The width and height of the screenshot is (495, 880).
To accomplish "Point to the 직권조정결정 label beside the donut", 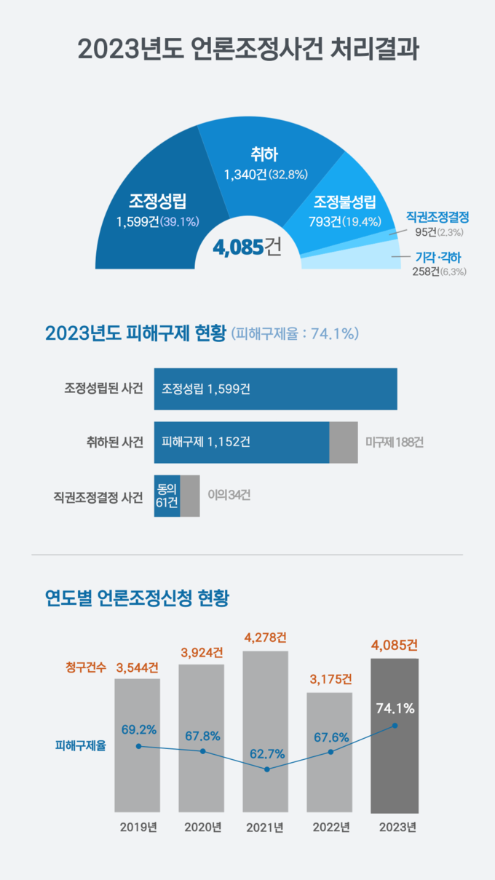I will coord(437,217).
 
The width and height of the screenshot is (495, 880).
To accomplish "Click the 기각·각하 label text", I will coord(437,257).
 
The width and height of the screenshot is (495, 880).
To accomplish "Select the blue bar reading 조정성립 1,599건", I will coord(275,389).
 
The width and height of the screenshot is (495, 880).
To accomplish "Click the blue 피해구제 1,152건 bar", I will coord(241,442).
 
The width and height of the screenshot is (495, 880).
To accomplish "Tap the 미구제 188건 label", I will coord(394,442).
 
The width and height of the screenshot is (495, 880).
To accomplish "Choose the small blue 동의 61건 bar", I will coord(167,496).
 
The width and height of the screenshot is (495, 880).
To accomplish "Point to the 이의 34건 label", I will coord(229,495).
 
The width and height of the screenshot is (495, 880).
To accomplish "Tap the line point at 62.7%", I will coord(266,769).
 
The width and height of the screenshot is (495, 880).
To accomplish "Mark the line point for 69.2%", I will coord(138,746).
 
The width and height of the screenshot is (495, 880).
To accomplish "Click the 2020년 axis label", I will coord(202,828).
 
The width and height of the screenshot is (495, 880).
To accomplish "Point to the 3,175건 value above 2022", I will coord(330,680).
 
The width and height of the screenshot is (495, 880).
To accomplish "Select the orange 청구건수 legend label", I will coord(85,666).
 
